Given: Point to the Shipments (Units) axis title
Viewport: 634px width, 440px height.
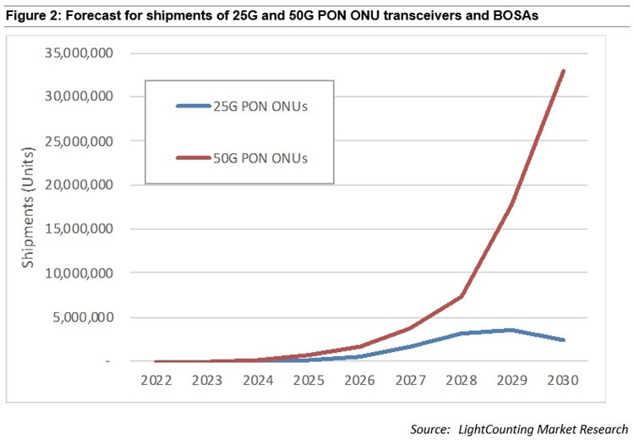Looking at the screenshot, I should (30, 207).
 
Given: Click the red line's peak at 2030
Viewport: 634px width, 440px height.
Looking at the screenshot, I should (563, 70).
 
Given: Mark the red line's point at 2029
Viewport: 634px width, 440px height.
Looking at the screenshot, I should (512, 203).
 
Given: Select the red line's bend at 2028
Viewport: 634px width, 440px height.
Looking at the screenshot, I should (462, 296).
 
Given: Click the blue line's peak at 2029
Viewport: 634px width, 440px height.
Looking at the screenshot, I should (511, 330).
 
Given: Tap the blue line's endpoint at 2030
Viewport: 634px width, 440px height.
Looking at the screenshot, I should (563, 340).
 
